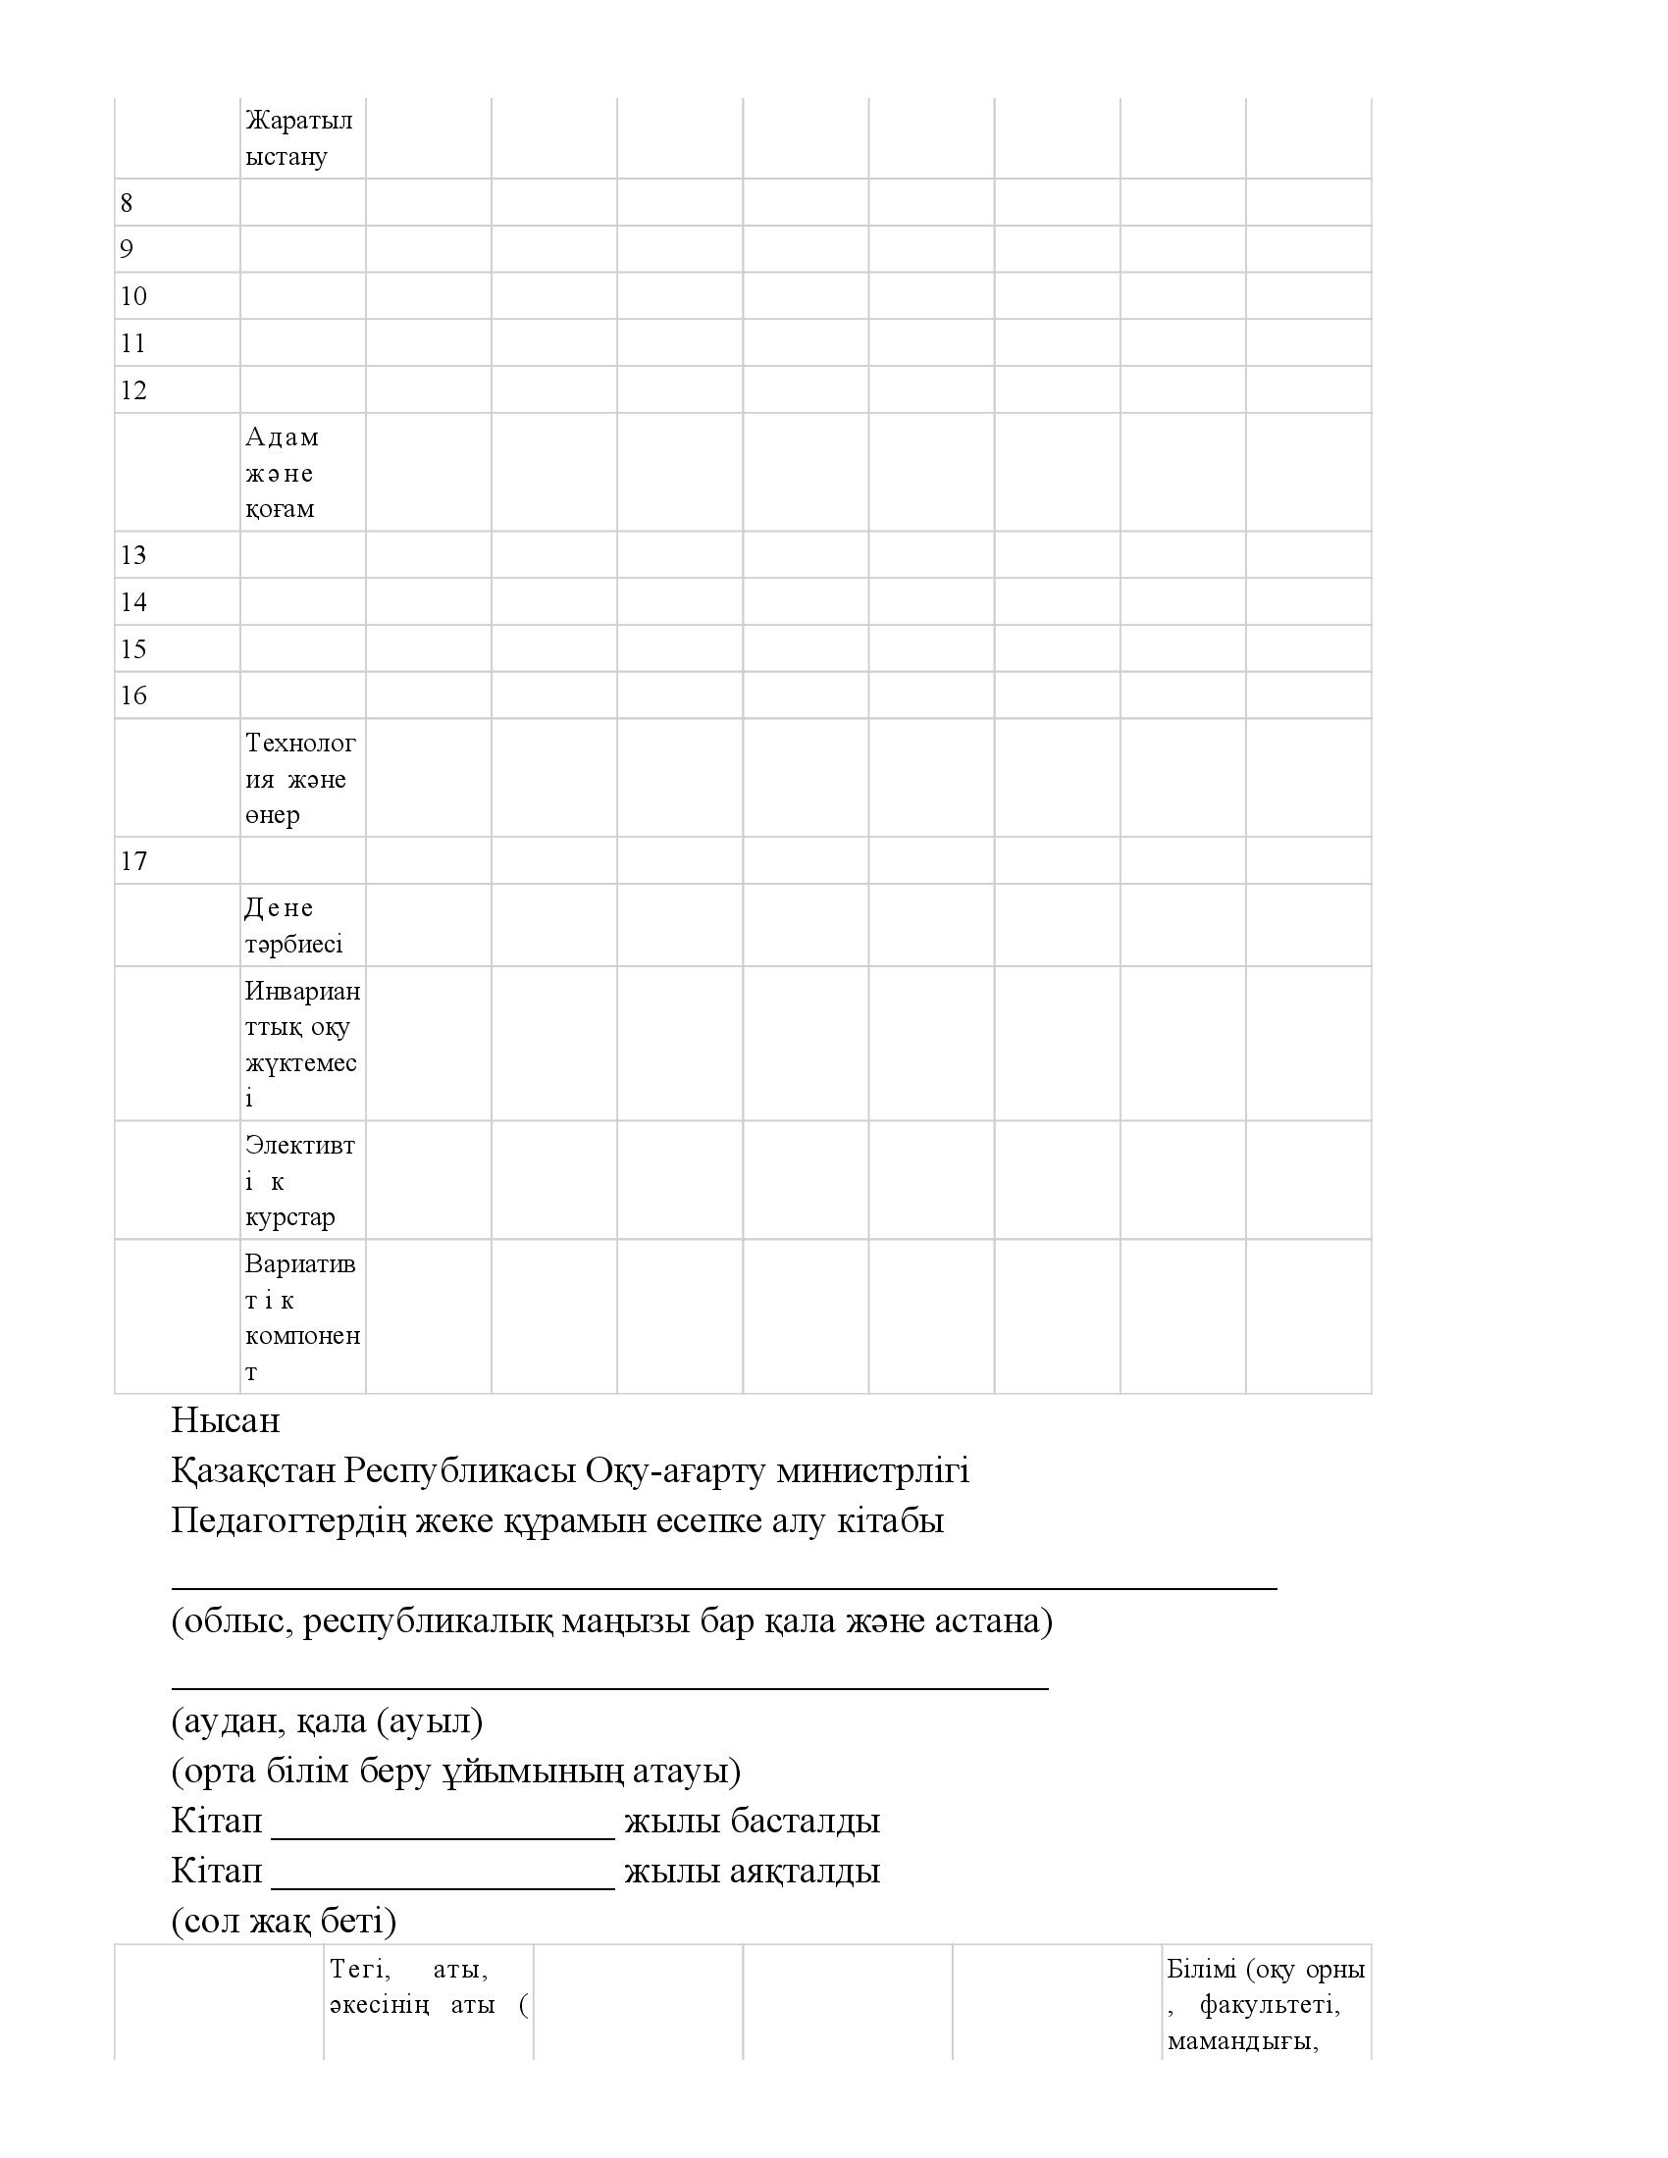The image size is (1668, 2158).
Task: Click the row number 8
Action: [x=127, y=203]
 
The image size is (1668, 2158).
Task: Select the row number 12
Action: [x=133, y=390]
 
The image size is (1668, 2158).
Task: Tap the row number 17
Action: [x=133, y=861]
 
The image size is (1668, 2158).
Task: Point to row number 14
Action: [x=133, y=601]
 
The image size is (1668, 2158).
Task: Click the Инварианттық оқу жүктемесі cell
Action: [x=301, y=1044]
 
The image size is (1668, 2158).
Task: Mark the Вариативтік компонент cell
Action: [x=301, y=1317]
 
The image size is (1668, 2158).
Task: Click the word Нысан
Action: [x=226, y=1421]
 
